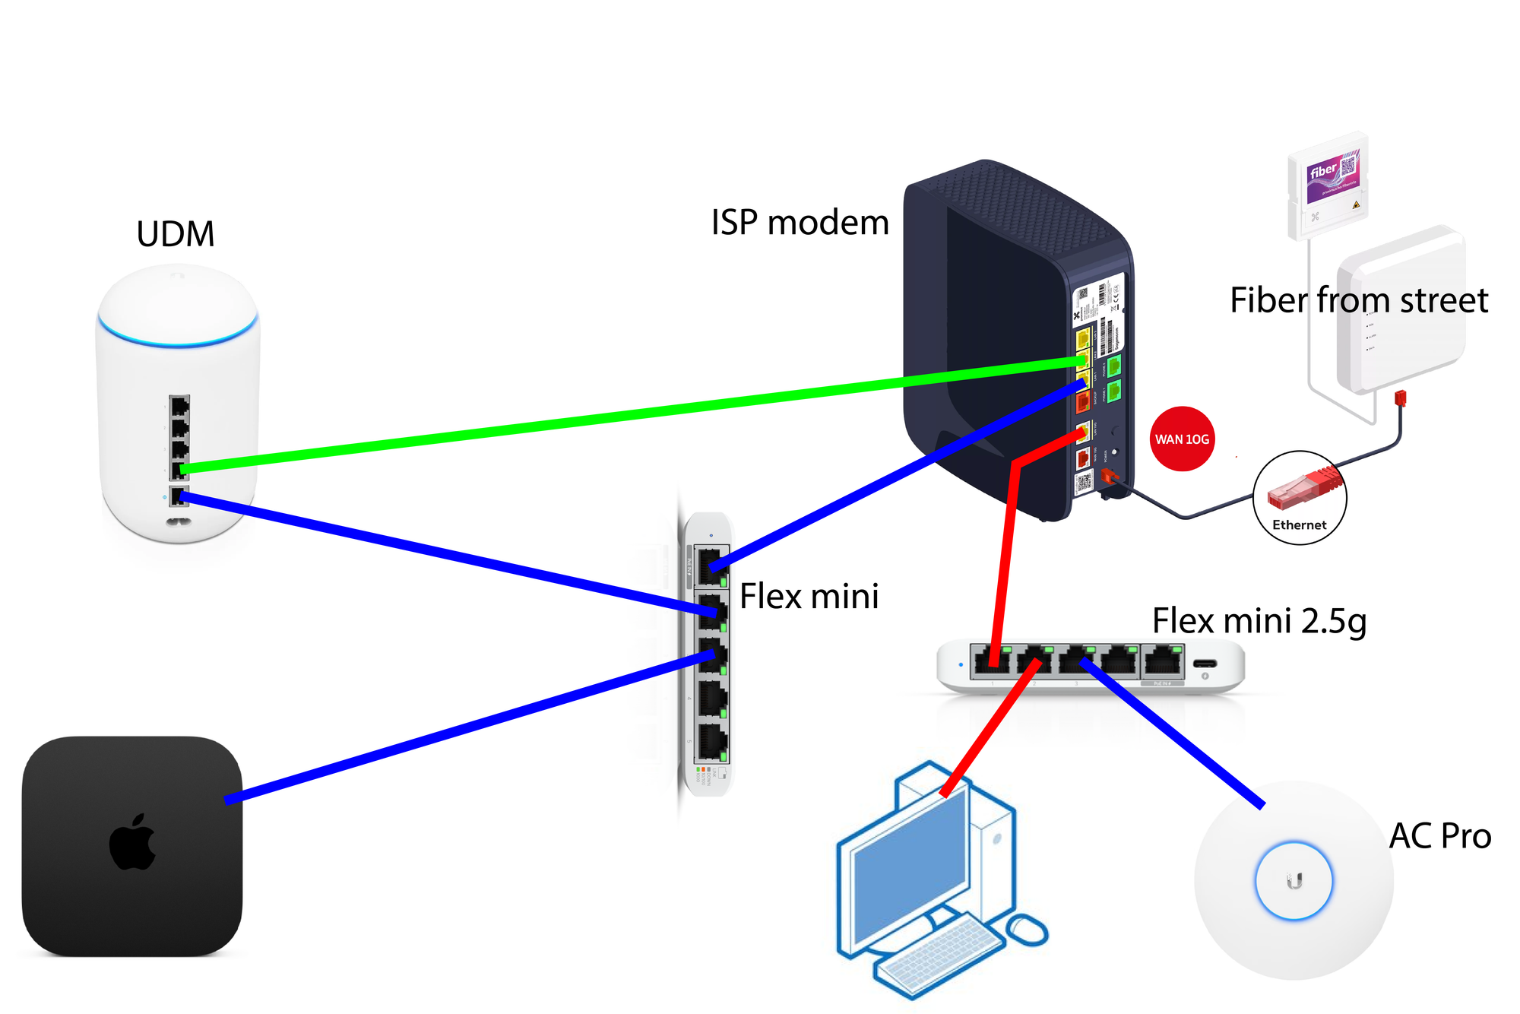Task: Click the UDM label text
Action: coord(176,234)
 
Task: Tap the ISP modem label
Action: coord(800,223)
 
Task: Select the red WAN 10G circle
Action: coord(1182,439)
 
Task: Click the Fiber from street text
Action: coord(1358,300)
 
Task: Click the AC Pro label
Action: coord(1439,836)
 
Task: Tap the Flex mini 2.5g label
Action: coord(1259,621)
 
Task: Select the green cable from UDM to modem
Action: coord(608,417)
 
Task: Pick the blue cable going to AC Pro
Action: coord(1170,734)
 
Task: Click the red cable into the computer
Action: coord(988,730)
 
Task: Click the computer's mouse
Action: coord(1028,930)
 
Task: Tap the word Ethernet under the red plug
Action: coord(1299,525)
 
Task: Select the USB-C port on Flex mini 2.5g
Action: coord(1205,664)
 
